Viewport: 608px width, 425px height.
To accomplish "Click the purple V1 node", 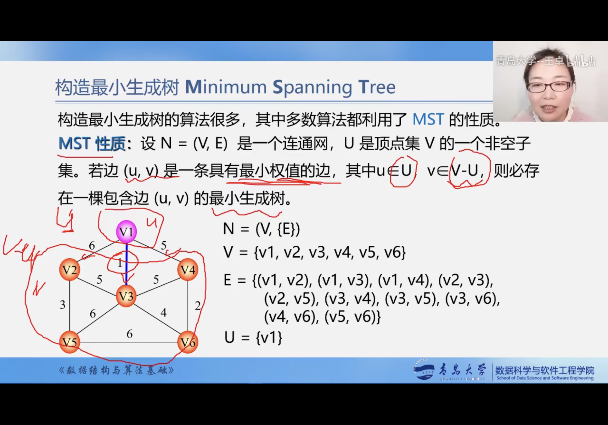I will (126, 232).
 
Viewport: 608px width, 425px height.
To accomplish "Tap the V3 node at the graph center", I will (126, 296).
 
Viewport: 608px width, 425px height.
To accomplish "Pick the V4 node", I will (188, 270).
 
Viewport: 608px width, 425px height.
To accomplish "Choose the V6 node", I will (188, 342).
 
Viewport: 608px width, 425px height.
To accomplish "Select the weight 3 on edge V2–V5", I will (62, 305).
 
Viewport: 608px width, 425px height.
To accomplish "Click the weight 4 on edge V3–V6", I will (164, 313).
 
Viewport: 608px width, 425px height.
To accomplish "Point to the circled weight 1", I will (120, 263).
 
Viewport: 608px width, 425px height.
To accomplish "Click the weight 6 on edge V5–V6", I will (130, 334).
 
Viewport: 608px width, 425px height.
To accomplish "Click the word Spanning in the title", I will (312, 87).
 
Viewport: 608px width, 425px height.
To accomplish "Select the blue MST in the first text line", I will (428, 119).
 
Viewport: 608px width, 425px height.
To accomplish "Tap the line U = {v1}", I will (253, 338).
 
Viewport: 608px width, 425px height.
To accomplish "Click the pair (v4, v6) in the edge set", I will (291, 317).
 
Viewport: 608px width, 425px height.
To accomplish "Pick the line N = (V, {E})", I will (261, 229).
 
